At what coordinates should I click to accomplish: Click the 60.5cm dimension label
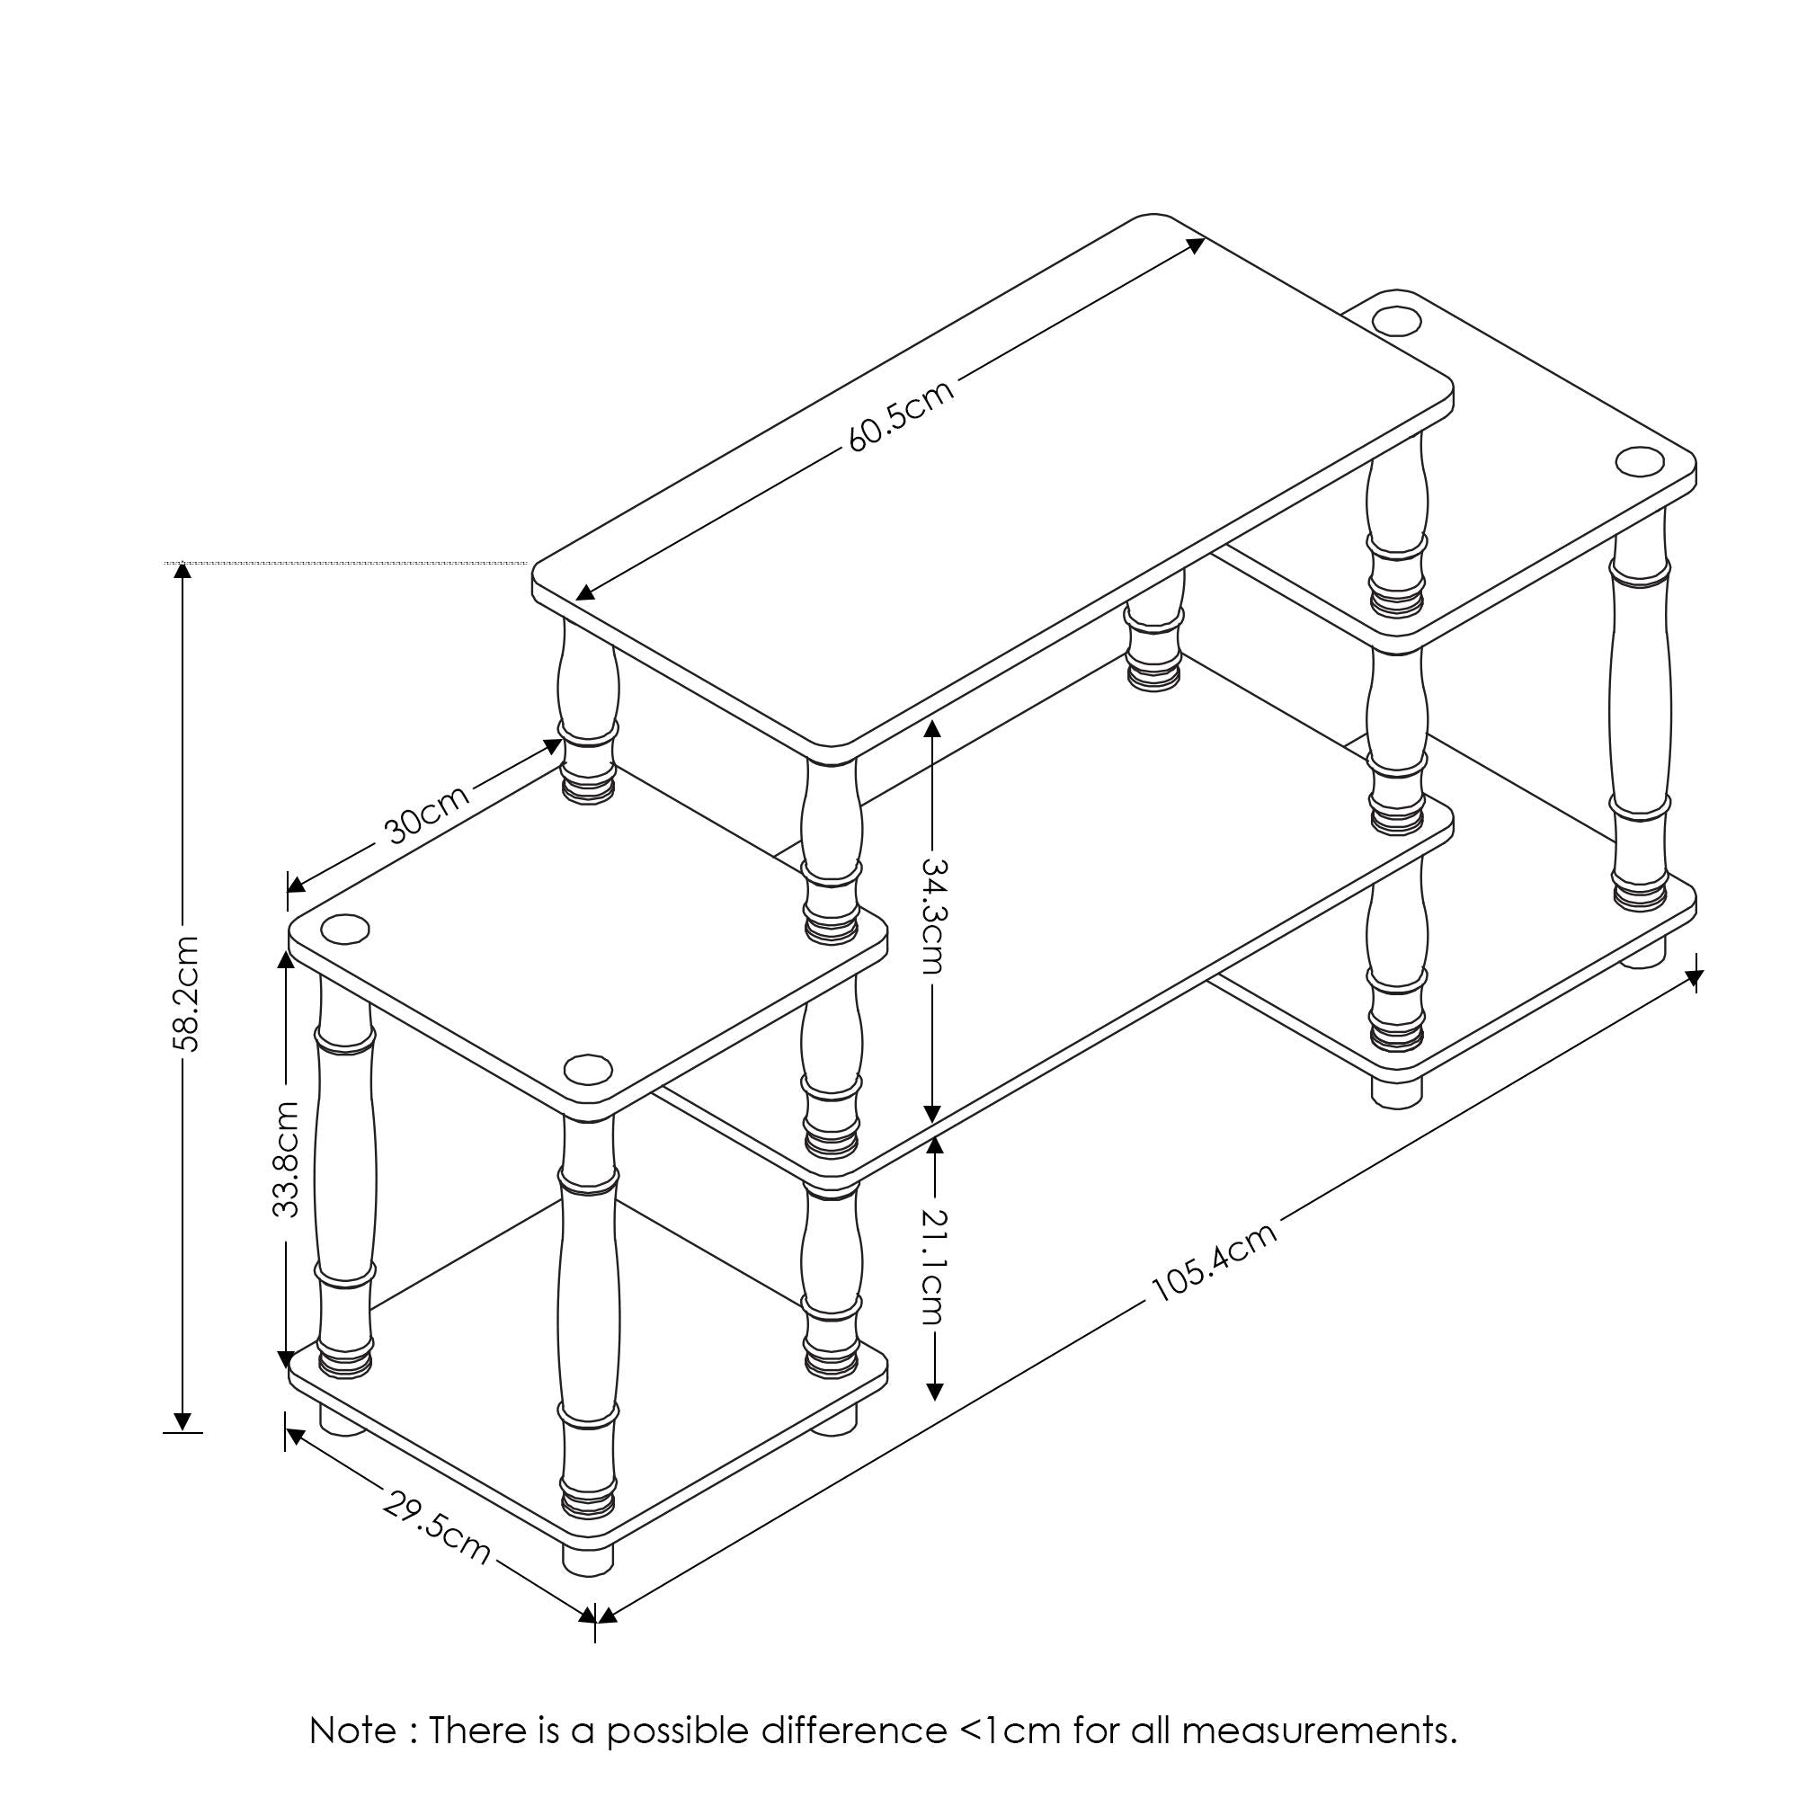(902, 415)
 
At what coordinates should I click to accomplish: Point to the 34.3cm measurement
(934, 916)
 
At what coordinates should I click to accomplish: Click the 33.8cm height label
(287, 1159)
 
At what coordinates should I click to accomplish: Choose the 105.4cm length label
(1214, 1263)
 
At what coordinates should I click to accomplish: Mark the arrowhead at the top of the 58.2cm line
(182, 571)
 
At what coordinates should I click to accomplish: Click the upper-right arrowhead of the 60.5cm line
(1195, 245)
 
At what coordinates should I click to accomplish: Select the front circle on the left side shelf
(588, 1069)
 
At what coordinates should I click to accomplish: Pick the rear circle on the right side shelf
(1397, 320)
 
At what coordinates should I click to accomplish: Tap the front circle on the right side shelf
(1640, 460)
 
